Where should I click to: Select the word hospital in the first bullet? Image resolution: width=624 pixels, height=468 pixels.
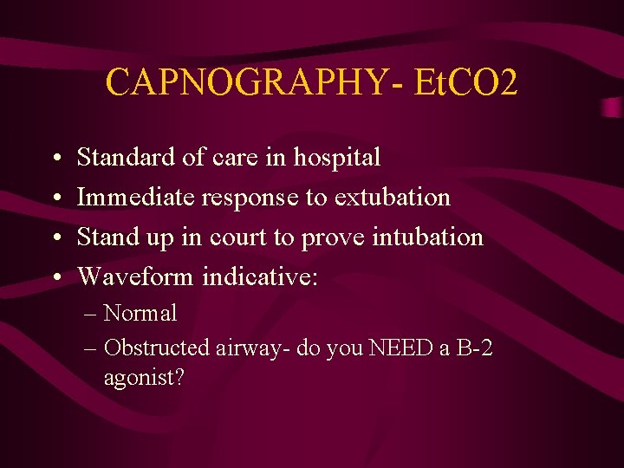tap(337, 158)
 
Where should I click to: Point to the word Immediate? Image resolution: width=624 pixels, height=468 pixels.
tap(136, 198)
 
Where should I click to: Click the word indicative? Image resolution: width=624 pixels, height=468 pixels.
tap(260, 276)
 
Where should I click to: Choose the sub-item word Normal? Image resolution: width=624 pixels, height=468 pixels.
tap(140, 313)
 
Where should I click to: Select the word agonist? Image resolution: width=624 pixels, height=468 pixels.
tap(143, 378)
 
